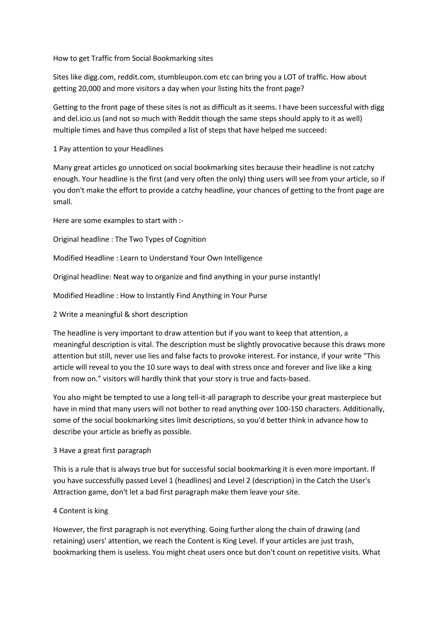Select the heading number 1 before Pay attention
pyautogui.click(x=55, y=149)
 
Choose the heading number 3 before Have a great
pyautogui.click(x=55, y=451)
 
